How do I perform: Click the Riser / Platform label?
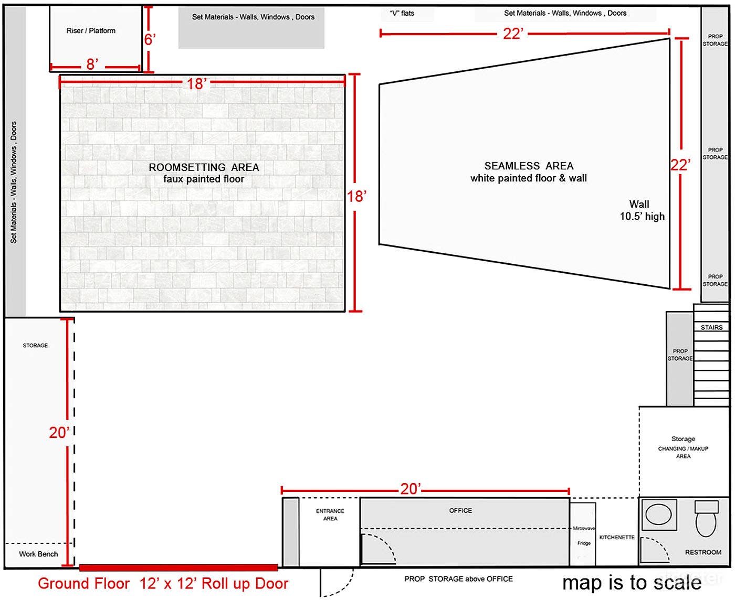pyautogui.click(x=91, y=31)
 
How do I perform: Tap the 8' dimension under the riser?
pyautogui.click(x=92, y=65)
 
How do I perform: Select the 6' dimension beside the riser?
pyautogui.click(x=150, y=40)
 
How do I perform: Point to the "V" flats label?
pyautogui.click(x=402, y=14)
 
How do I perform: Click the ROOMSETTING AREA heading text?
pyautogui.click(x=204, y=167)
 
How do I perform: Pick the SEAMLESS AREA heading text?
pyautogui.click(x=529, y=166)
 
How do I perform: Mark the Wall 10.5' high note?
pyautogui.click(x=642, y=210)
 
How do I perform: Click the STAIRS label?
pyautogui.click(x=711, y=327)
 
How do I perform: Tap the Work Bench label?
pyautogui.click(x=38, y=554)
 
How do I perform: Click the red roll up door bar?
pyautogui.click(x=178, y=567)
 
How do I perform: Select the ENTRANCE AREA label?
pyautogui.click(x=330, y=515)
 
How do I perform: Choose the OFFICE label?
pyautogui.click(x=460, y=510)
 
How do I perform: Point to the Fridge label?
pyautogui.click(x=584, y=543)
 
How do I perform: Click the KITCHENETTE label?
pyautogui.click(x=617, y=538)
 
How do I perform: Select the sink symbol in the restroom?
pyautogui.click(x=658, y=515)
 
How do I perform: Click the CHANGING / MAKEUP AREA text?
pyautogui.click(x=683, y=452)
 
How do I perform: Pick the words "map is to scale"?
pyautogui.click(x=632, y=583)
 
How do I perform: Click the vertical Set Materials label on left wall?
pyautogui.click(x=14, y=183)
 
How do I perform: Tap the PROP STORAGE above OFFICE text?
pyautogui.click(x=458, y=579)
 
